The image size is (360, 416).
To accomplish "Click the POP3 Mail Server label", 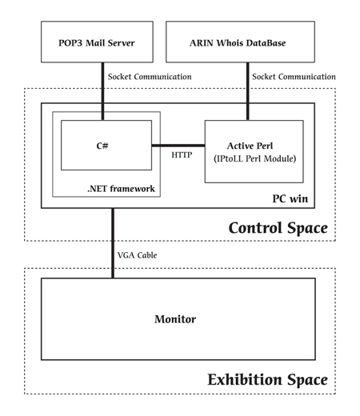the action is pyautogui.click(x=97, y=43).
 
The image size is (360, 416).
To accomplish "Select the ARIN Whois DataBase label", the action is pyautogui.click(x=238, y=43).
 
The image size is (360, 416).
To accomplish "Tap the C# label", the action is pyautogui.click(x=102, y=146).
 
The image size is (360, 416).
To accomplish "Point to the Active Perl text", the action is pyautogui.click(x=250, y=146).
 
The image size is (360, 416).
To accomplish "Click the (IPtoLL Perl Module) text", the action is pyautogui.click(x=255, y=158).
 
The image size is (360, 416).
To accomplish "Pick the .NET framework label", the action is pyautogui.click(x=121, y=189).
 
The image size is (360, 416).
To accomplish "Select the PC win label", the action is pyautogui.click(x=290, y=198).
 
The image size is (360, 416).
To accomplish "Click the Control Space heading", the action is pyautogui.click(x=278, y=228).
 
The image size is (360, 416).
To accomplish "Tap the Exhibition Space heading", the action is pyautogui.click(x=268, y=379).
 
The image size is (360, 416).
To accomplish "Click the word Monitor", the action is pyautogui.click(x=175, y=319).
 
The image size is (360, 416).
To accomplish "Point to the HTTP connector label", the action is pyautogui.click(x=182, y=155).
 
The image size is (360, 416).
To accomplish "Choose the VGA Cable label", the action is pyautogui.click(x=137, y=255).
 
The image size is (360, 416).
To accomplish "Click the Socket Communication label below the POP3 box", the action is pyautogui.click(x=150, y=77).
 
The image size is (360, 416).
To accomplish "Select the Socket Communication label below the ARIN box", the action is pyautogui.click(x=294, y=77).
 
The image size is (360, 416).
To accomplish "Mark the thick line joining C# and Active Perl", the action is pyautogui.click(x=178, y=146).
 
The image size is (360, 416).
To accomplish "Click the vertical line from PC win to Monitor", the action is pyautogui.click(x=113, y=243).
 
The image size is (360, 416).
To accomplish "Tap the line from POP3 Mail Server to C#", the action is pyautogui.click(x=102, y=91).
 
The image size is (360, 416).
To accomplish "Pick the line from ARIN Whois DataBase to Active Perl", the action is pyautogui.click(x=248, y=91).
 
